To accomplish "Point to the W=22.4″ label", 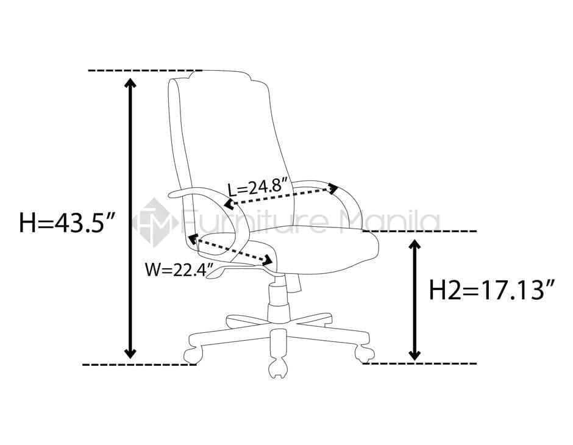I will click(x=171, y=268).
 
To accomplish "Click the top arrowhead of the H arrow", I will click(x=130, y=83).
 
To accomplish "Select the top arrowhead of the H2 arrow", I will click(x=415, y=244).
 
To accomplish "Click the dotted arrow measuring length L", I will click(x=281, y=196).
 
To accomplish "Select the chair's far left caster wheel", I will click(x=192, y=354).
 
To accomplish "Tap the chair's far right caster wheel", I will click(x=364, y=352).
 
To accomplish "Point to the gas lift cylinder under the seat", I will click(x=277, y=299).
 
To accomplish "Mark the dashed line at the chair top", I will click(x=144, y=71).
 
